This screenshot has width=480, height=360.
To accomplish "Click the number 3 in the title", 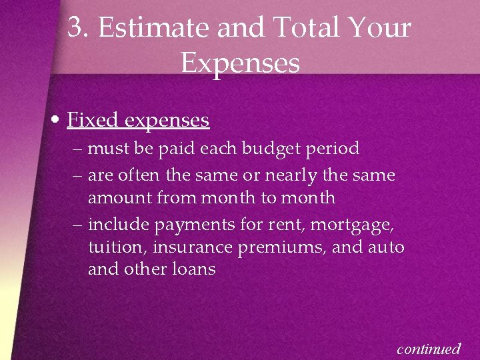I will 75,28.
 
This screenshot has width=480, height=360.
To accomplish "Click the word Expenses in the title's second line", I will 240,63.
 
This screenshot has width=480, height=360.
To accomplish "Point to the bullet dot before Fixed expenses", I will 57,121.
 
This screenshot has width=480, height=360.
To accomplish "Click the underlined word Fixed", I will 93,120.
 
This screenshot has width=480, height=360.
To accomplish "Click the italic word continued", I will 429,348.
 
